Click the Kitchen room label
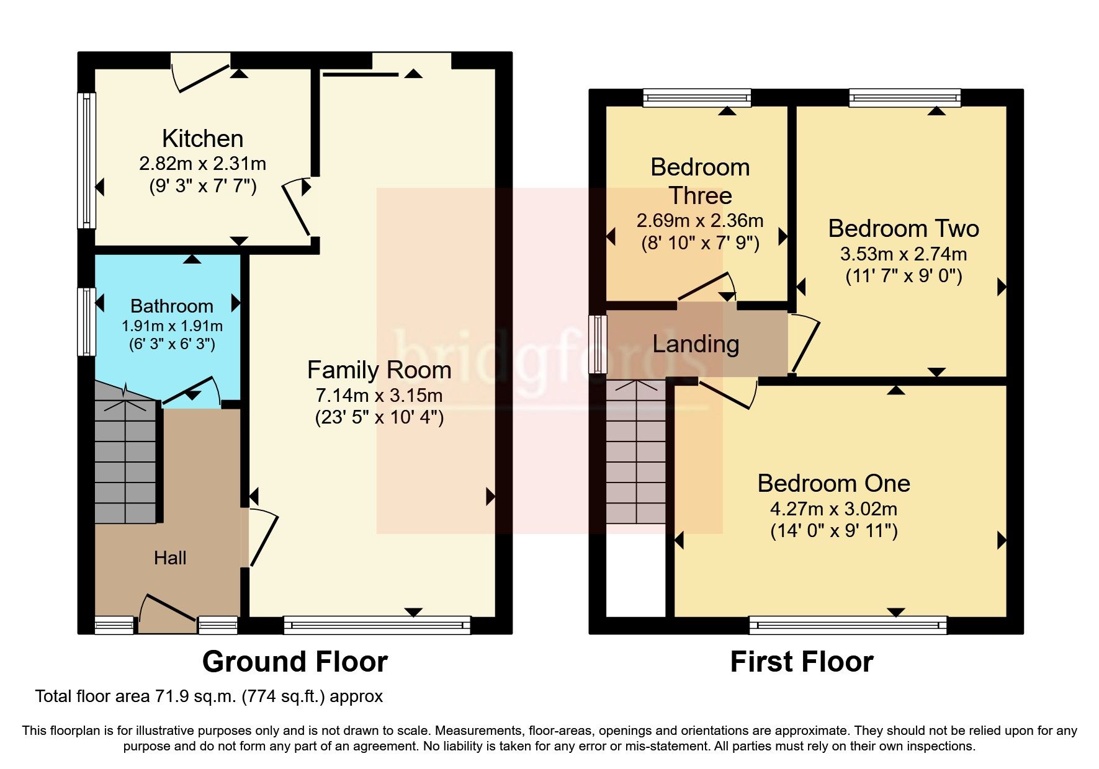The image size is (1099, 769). pos(202,138)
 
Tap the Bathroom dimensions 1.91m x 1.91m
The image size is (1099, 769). pos(172,326)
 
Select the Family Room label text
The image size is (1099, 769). pos(379,370)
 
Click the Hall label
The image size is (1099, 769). pos(170,558)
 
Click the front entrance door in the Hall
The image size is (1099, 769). pos(166,614)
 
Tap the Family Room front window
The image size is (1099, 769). pos(377,625)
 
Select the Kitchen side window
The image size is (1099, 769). pos(87,160)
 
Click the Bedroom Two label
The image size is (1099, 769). pos(903,229)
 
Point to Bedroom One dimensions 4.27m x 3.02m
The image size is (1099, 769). pos(833,510)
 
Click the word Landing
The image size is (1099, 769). pos(696,344)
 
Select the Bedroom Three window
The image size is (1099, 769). pos(696,97)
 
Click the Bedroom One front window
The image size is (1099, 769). pos(848,625)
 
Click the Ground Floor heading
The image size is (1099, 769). pos(295,662)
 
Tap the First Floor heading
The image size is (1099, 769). pos(801,662)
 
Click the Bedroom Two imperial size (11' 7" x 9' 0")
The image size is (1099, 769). pos(904,277)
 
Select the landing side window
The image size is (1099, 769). pos(598,344)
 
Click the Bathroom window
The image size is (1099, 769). pos(87,321)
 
